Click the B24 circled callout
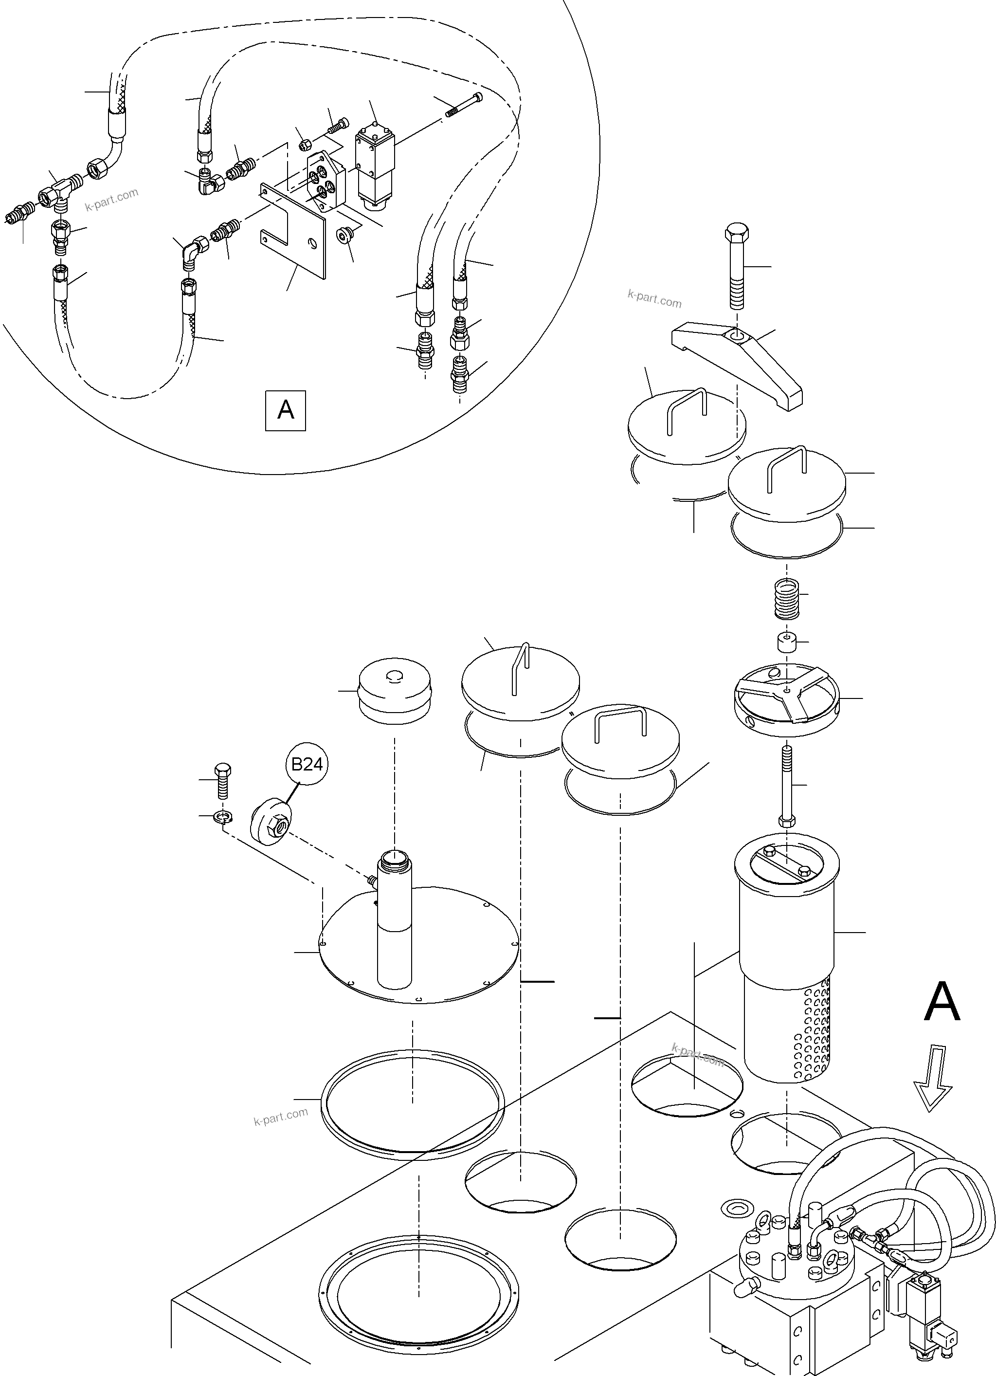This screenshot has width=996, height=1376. coord(307,765)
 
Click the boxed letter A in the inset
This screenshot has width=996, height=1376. coord(285,411)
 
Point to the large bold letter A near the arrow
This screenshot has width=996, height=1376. coord(942,1003)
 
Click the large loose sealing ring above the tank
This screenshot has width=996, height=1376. coord(413,1104)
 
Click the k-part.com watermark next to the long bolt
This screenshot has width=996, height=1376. coord(654,299)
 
